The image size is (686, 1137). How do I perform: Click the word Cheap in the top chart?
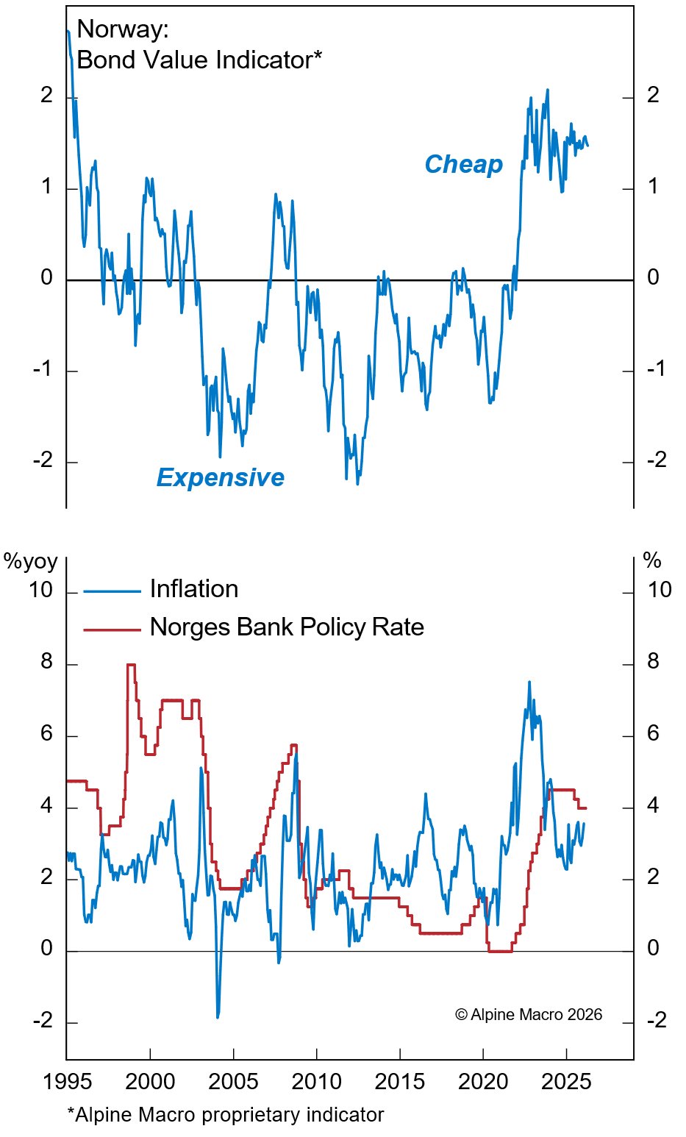463,164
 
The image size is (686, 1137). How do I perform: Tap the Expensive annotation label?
220,478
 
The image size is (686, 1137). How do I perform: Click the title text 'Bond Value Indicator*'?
199,60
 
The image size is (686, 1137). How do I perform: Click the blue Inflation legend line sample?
112,591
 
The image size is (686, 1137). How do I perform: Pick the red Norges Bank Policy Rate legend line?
112,630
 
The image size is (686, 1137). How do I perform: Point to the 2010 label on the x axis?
317,1082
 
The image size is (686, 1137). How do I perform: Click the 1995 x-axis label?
67,1082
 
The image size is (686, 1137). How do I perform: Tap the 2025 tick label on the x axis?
566,1082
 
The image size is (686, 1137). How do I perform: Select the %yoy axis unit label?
30,562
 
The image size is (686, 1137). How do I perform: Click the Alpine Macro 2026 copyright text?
528,1015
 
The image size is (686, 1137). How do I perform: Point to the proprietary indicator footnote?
225,1115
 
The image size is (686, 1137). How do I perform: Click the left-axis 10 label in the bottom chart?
41,590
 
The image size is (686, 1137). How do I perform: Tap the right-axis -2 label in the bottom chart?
657,1020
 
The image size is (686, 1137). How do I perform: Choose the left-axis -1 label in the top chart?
43,368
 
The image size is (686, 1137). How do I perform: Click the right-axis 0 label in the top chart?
653,277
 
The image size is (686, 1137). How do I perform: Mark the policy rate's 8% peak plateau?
131,665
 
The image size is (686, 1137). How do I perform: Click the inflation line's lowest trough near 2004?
218,1017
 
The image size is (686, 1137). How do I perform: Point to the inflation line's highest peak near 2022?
529,682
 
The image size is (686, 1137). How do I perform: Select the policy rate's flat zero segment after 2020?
500,951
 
